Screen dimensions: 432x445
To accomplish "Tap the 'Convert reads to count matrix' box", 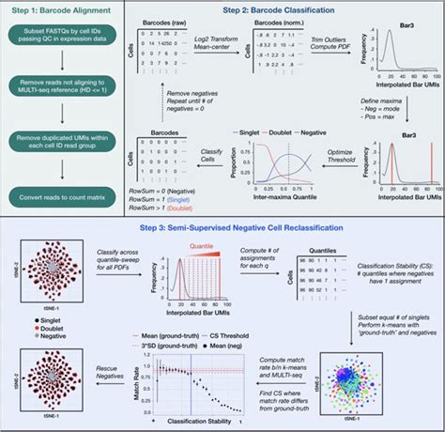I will click(62, 197).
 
